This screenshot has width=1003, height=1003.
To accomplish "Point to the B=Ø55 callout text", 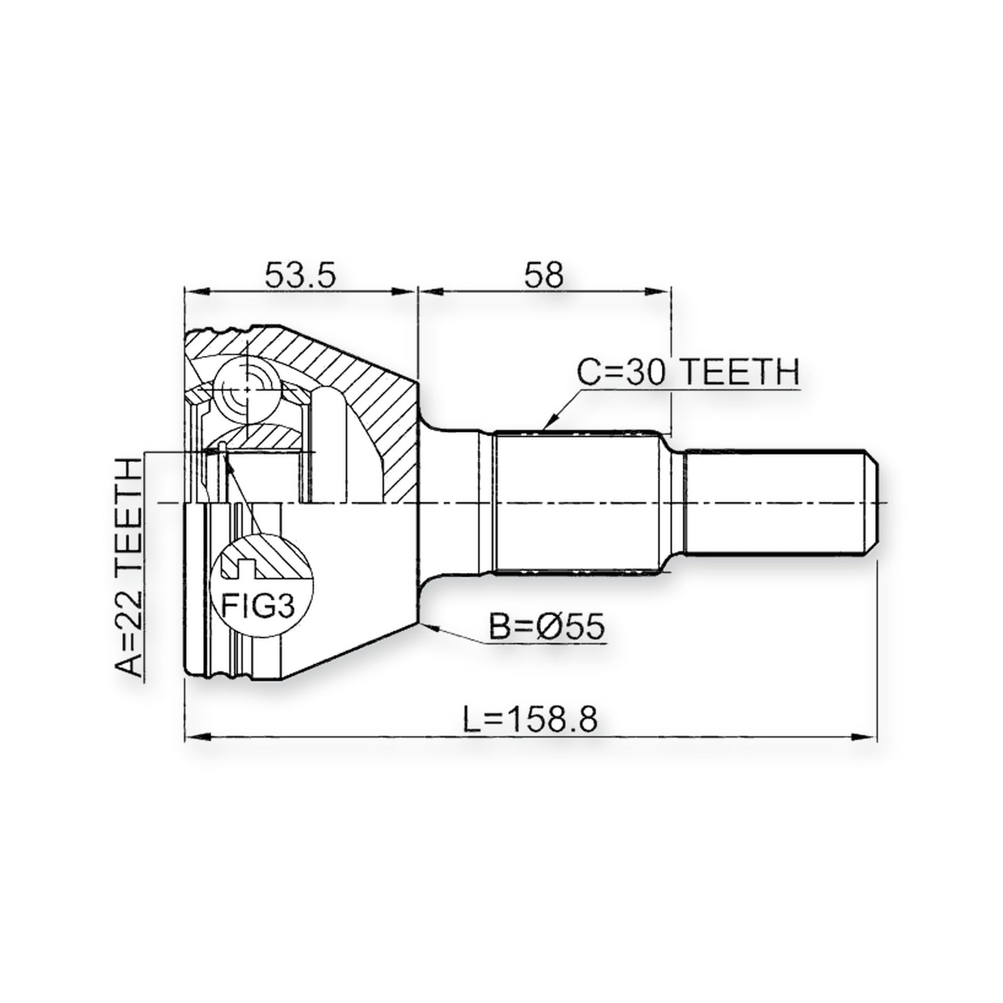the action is click(546, 626).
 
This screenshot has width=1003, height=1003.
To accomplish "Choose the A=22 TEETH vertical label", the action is click(130, 568).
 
